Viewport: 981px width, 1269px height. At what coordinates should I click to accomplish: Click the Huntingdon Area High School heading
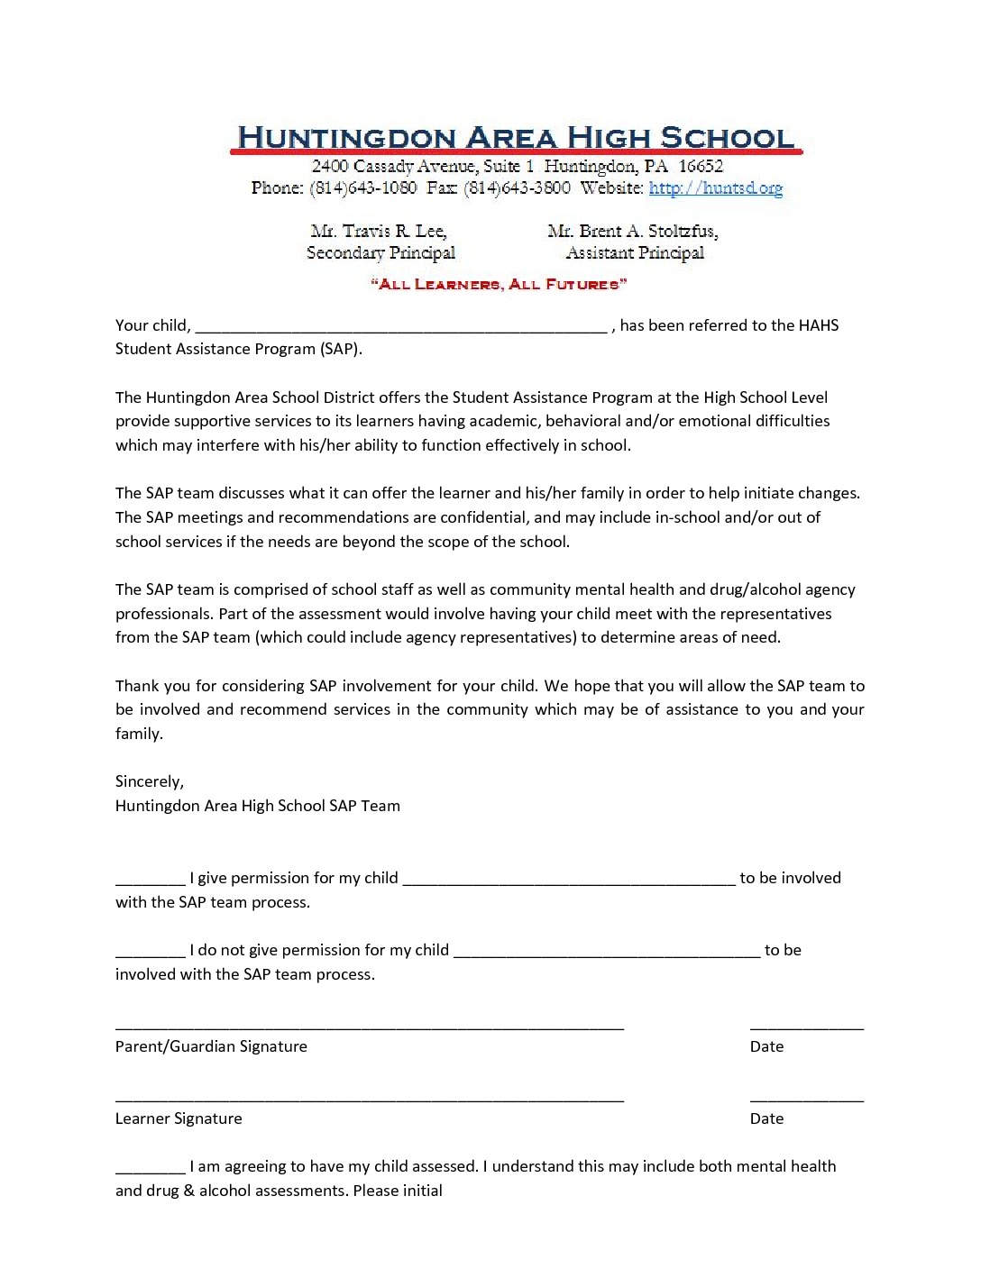(515, 138)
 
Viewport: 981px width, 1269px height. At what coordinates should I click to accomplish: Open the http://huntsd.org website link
(715, 187)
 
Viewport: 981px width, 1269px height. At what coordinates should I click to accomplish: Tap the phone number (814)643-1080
(362, 187)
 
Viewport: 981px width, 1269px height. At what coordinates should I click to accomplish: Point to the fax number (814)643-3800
(518, 187)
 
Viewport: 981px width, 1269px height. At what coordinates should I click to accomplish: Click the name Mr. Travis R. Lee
(379, 232)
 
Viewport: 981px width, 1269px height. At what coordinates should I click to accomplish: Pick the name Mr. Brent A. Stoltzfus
(633, 232)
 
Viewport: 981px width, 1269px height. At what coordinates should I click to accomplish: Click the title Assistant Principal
(635, 253)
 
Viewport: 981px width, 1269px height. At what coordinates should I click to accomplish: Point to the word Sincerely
(149, 782)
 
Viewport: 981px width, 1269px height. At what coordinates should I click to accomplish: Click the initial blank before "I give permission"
(150, 883)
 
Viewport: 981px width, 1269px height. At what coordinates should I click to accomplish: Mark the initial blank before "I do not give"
(150, 955)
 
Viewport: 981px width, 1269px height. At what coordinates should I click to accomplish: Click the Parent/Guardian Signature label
(211, 1046)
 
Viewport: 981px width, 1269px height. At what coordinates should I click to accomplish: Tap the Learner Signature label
(179, 1118)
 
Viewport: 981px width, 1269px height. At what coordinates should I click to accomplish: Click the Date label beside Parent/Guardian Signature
(766, 1046)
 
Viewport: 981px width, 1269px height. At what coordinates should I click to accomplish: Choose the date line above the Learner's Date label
(806, 1100)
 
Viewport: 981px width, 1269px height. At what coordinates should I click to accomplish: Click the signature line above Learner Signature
(370, 1100)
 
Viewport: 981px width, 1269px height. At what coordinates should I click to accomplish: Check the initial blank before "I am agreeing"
(150, 1172)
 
